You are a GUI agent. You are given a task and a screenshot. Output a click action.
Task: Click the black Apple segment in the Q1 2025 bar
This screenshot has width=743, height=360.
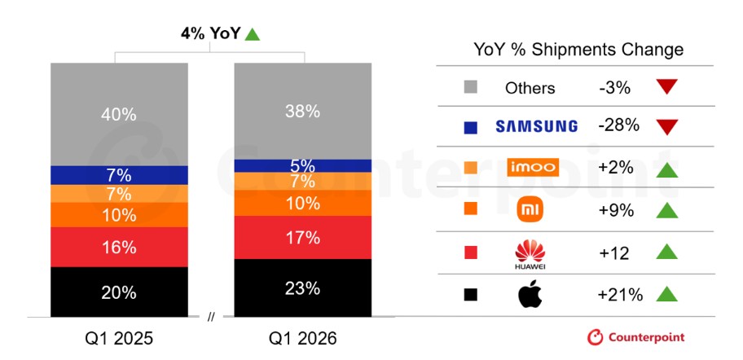[x=119, y=292]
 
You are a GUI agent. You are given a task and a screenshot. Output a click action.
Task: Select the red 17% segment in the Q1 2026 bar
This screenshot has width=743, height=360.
[x=303, y=237]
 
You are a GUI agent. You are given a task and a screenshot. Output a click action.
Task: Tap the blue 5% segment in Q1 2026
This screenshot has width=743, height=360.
[x=303, y=166]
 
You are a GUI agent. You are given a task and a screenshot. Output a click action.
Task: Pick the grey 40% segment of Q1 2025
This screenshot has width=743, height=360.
[x=119, y=114]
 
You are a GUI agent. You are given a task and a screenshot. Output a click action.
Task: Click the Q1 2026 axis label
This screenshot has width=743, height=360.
[x=303, y=339]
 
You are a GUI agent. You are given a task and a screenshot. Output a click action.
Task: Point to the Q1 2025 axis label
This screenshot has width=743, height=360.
[x=120, y=339]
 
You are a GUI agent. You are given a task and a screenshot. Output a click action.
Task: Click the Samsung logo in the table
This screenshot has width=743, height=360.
[x=536, y=126]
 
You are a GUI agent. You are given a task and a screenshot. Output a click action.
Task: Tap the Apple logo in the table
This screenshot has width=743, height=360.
[x=530, y=294]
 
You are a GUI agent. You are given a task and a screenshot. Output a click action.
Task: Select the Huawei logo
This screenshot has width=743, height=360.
[x=530, y=255]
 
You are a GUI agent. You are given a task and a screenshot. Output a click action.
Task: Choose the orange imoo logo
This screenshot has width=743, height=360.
[x=533, y=167]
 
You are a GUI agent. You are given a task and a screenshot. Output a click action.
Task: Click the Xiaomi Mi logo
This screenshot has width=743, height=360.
[x=530, y=210]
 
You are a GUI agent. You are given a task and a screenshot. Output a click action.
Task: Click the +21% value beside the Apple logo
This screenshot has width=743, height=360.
[x=620, y=295]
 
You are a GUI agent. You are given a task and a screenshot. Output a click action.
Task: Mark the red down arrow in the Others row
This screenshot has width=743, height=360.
[x=666, y=86]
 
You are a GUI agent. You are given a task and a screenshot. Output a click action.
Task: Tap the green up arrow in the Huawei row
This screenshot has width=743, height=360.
[x=666, y=252]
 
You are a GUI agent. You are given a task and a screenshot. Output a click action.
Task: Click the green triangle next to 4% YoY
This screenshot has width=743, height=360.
[x=252, y=34]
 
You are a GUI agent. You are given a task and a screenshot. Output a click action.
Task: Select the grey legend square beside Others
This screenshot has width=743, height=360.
[x=471, y=87]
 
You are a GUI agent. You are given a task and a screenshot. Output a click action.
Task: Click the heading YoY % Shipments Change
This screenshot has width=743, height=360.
[x=578, y=50]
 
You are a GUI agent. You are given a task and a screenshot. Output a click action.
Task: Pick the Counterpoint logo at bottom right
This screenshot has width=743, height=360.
[x=636, y=337]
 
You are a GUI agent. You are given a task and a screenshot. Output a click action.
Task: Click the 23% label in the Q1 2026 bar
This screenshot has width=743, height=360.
[x=303, y=288]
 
